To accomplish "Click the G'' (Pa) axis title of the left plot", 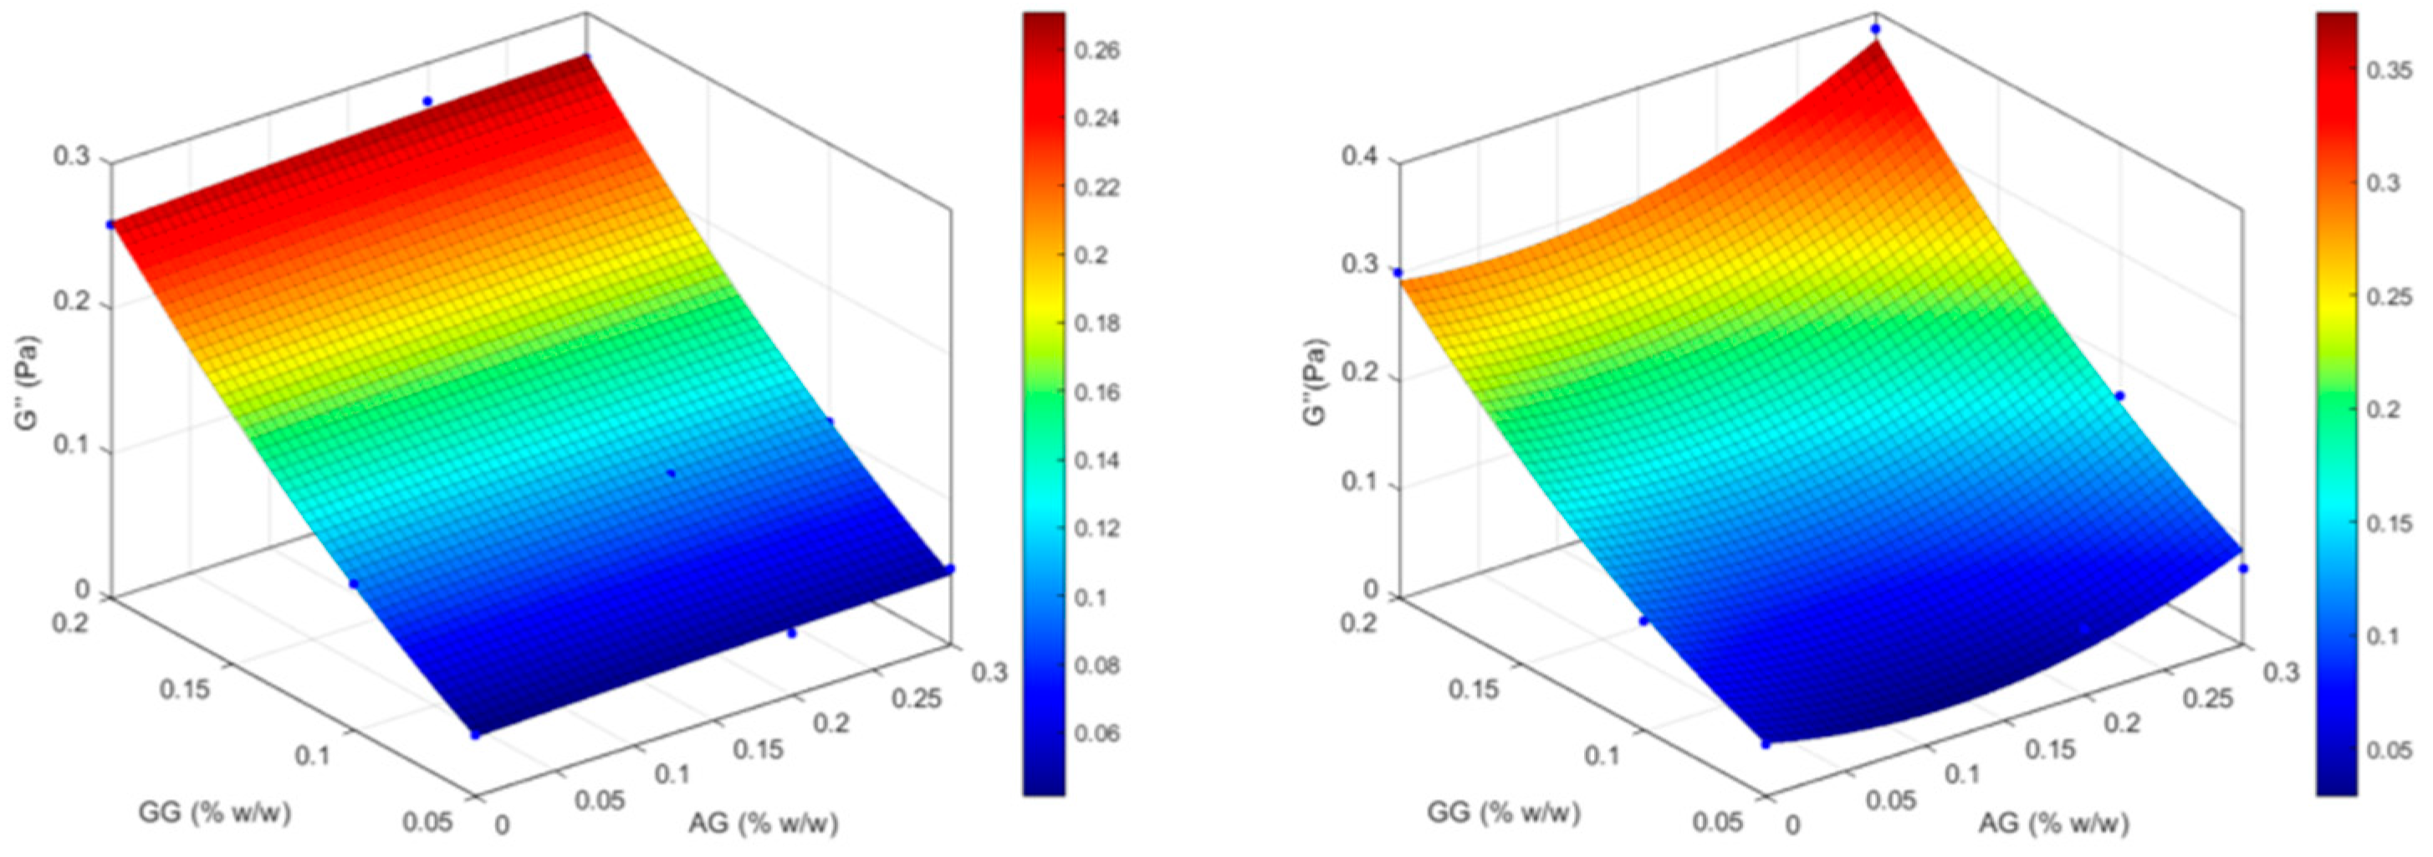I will coord(28,379).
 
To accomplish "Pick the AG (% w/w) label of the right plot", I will coord(2053,823).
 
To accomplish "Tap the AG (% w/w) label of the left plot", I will coord(763,823).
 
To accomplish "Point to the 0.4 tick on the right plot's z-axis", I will coord(1361,157).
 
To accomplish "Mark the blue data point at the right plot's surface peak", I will coord(1875,29).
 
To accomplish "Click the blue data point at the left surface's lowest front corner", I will coord(474,734).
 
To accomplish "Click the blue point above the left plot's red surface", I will coord(427,101).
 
